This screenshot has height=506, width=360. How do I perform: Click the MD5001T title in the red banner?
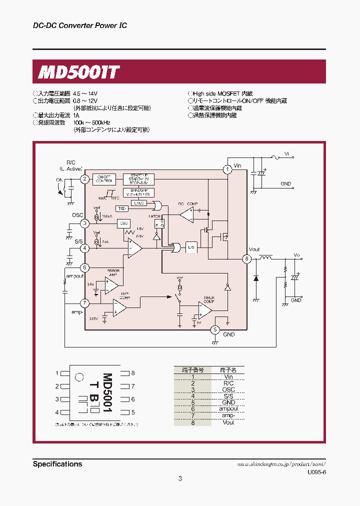point(79,72)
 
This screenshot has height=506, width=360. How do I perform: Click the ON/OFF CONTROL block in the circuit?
point(104,178)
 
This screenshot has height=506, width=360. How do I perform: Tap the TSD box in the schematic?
point(121,208)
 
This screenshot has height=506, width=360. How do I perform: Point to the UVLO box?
point(139,203)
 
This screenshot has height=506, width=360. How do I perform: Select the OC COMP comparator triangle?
point(186,214)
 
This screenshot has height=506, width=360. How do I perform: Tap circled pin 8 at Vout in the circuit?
point(246,258)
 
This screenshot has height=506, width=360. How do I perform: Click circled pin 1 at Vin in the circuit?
point(227,169)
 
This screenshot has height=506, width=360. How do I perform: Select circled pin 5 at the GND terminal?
point(214,329)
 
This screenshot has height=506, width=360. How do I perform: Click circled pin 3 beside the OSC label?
point(85,223)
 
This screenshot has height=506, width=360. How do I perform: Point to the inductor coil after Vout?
point(265,258)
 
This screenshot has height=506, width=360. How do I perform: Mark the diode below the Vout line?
point(256,278)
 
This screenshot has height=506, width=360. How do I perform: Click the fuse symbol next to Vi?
point(273,157)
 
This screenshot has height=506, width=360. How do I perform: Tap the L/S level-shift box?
point(190,247)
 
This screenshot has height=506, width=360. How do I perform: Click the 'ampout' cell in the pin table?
point(228,409)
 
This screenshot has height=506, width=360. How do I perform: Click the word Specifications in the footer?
point(57,464)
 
